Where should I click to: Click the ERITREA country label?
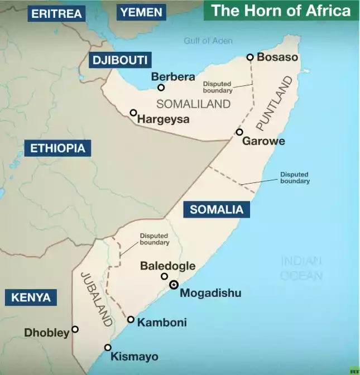coord(56,13)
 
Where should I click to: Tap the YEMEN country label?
coord(141,12)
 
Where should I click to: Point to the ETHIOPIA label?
coord(57,148)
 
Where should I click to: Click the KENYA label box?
coord(31,297)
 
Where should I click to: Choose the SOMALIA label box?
coord(217,210)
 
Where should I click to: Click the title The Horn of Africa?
coord(281,11)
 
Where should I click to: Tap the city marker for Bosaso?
coord(250,57)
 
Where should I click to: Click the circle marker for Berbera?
coord(161,88)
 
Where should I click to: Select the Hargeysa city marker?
coord(133,113)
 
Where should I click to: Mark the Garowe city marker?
coord(239,132)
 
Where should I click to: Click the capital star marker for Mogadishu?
coord(174,285)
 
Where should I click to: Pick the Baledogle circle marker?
coord(164,276)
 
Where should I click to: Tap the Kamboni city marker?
coord(131,320)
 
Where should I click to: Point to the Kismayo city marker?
coord(108,348)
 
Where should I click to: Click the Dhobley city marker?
coord(75,329)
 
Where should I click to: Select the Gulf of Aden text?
coord(208,41)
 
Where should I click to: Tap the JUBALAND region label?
coord(97,299)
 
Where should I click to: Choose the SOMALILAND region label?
coord(193,104)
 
